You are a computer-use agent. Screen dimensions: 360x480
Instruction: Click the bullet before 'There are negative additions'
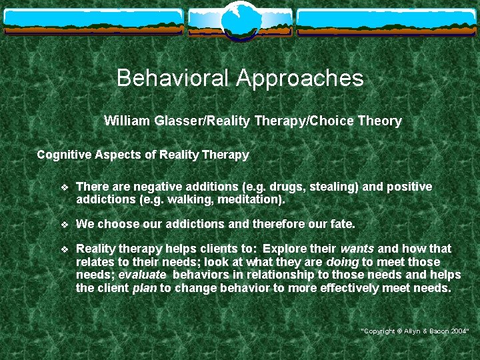64,187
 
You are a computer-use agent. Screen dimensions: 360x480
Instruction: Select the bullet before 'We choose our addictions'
64,225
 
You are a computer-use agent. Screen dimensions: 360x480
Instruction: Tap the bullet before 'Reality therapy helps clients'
64,249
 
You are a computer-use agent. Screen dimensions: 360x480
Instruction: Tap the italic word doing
343,262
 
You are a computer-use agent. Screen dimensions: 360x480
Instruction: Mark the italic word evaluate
142,275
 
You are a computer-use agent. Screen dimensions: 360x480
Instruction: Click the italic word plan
145,289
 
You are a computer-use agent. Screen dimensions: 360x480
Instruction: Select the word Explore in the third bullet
291,249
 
